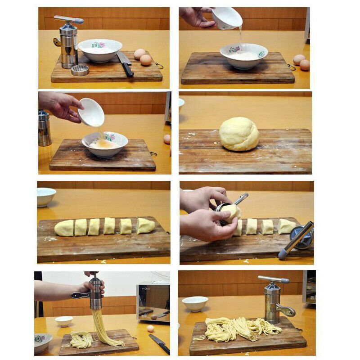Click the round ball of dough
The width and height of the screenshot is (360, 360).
tap(239, 134)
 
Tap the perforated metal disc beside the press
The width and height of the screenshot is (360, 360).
tap(80, 70)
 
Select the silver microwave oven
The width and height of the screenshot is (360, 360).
tap(153, 302)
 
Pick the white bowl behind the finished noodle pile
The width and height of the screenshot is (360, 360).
tap(195, 303)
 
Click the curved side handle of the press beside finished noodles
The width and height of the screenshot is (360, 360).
tap(286, 311)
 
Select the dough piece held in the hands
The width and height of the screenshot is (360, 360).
tap(230, 212)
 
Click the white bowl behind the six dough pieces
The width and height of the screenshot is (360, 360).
tap(46, 196)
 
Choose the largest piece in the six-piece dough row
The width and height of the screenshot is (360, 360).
tap(145, 225)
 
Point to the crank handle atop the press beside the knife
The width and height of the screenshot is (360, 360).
tap(69, 19)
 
